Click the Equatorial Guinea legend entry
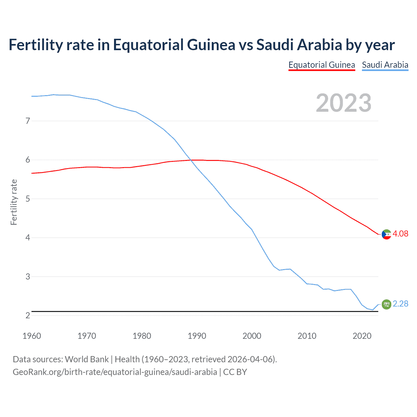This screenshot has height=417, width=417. click(x=322, y=65)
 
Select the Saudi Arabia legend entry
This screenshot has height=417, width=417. click(x=385, y=65)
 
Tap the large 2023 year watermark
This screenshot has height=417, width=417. click(x=343, y=103)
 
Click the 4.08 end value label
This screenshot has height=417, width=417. click(x=400, y=234)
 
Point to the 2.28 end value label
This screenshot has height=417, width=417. click(x=400, y=304)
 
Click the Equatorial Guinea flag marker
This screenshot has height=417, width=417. click(x=386, y=234)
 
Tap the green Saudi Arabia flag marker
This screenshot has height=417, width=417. click(x=386, y=304)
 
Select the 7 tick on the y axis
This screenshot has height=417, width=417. click(x=28, y=121)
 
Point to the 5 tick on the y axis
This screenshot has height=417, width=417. click(x=28, y=199)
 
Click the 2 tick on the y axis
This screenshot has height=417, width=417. click(x=28, y=315)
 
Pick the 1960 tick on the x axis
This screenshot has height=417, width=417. click(x=32, y=336)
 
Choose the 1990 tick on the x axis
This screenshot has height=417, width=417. click(x=197, y=336)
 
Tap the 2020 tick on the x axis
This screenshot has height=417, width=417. click(x=362, y=336)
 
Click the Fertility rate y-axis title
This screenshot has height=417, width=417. click(x=14, y=202)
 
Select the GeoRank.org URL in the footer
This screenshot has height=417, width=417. click(x=115, y=372)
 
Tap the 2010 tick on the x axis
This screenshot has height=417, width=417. click(x=307, y=336)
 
